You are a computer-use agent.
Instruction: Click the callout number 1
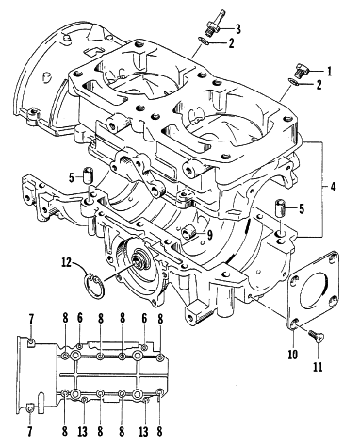(329, 72)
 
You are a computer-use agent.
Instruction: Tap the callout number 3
(238, 29)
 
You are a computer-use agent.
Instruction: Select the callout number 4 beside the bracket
(333, 187)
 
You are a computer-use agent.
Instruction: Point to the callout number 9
(209, 234)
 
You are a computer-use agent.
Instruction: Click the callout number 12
(67, 261)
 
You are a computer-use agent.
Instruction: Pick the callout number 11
(318, 367)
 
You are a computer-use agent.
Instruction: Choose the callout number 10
(292, 355)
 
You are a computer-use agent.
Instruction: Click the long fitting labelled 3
(216, 25)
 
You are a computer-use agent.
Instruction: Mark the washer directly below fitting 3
(204, 41)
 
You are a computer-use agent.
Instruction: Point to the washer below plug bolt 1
(293, 82)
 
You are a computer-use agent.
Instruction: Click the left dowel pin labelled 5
(88, 174)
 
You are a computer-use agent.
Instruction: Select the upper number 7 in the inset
(31, 320)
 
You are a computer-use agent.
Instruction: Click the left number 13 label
(84, 431)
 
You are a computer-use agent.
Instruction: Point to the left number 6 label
(80, 319)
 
